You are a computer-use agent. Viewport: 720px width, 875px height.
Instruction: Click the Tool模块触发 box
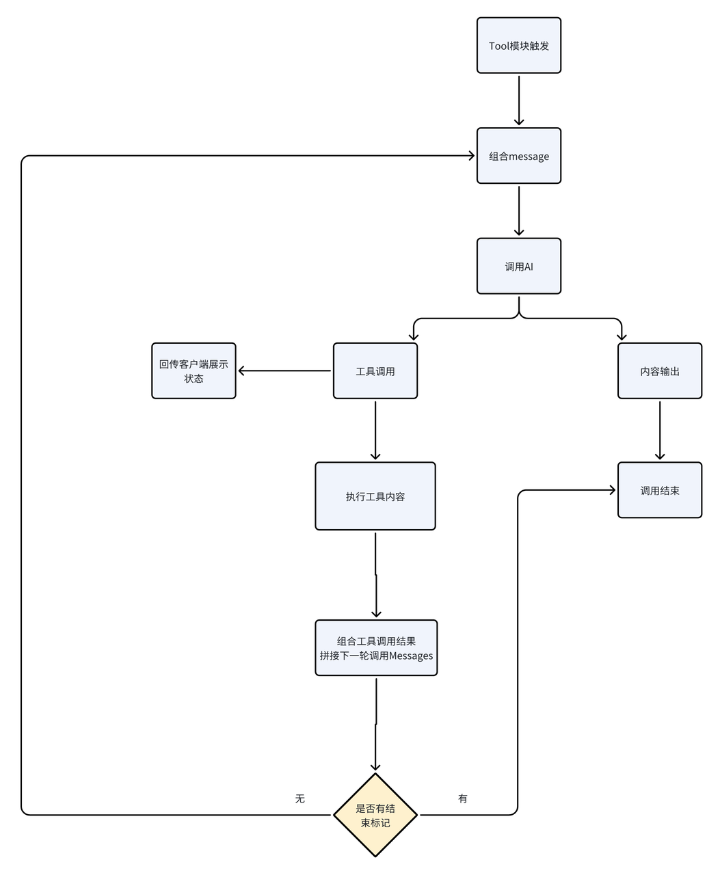pos(518,46)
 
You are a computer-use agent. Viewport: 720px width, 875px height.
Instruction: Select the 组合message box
pos(518,156)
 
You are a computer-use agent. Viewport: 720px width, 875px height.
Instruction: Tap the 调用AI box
pos(518,266)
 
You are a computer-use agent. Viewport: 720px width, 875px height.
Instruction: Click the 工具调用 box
pos(375,371)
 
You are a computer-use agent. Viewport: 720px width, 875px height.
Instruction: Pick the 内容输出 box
pos(659,371)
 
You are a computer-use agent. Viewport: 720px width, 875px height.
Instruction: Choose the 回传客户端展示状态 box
pos(194,371)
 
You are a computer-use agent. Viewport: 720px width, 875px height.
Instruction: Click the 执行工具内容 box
pos(375,496)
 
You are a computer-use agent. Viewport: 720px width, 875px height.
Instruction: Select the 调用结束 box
pos(659,490)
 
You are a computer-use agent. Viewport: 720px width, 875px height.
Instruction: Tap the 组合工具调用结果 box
pos(375,648)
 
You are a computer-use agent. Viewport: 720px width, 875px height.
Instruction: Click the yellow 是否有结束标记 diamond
pos(375,815)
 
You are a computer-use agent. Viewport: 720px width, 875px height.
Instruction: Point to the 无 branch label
pos(299,798)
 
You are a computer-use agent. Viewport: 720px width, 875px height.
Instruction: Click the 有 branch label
pos(463,798)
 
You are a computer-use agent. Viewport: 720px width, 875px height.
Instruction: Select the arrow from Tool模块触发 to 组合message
pos(519,100)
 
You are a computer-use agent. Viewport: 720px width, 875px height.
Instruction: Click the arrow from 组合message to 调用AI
pos(519,211)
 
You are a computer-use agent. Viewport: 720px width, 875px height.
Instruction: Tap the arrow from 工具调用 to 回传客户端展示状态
pos(284,371)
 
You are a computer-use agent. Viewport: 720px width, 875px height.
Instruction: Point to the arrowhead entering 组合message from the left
pos(470,156)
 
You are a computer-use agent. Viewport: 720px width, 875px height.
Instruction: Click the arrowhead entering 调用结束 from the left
pos(611,490)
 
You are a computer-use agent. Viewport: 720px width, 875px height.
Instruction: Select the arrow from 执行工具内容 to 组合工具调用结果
pos(375,574)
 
